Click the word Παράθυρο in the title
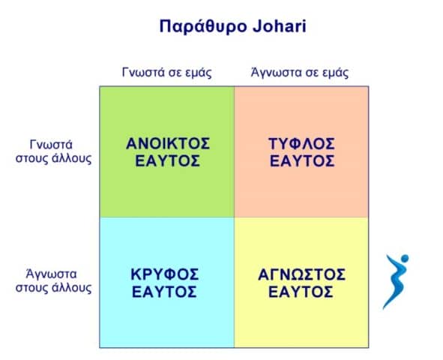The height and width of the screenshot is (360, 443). click(x=203, y=27)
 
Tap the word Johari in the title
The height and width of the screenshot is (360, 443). click(x=280, y=26)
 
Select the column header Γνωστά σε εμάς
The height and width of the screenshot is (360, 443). click(x=167, y=73)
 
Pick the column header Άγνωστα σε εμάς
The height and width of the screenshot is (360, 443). click(x=300, y=72)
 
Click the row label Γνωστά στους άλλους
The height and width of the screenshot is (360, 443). click(x=54, y=151)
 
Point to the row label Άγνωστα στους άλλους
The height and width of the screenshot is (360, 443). click(x=54, y=281)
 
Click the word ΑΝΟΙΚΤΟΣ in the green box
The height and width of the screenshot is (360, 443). click(x=168, y=143)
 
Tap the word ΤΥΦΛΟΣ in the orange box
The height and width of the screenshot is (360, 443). click(x=302, y=143)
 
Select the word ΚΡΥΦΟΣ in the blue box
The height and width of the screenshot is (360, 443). click(x=165, y=274)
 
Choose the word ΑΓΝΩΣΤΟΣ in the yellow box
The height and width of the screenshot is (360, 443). click(x=302, y=274)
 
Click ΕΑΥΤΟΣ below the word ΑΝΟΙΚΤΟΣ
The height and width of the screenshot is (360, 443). click(x=168, y=161)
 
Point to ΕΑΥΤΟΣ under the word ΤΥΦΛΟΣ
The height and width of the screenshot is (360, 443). click(x=302, y=161)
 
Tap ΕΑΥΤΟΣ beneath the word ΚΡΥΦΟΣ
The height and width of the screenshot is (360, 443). click(x=164, y=292)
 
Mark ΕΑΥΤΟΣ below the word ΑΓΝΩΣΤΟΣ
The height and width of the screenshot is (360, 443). click(x=301, y=292)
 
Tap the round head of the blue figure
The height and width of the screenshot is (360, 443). click(x=405, y=258)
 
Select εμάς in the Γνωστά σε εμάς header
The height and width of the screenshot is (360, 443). click(x=199, y=73)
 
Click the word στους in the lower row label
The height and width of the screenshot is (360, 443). click(x=32, y=289)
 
